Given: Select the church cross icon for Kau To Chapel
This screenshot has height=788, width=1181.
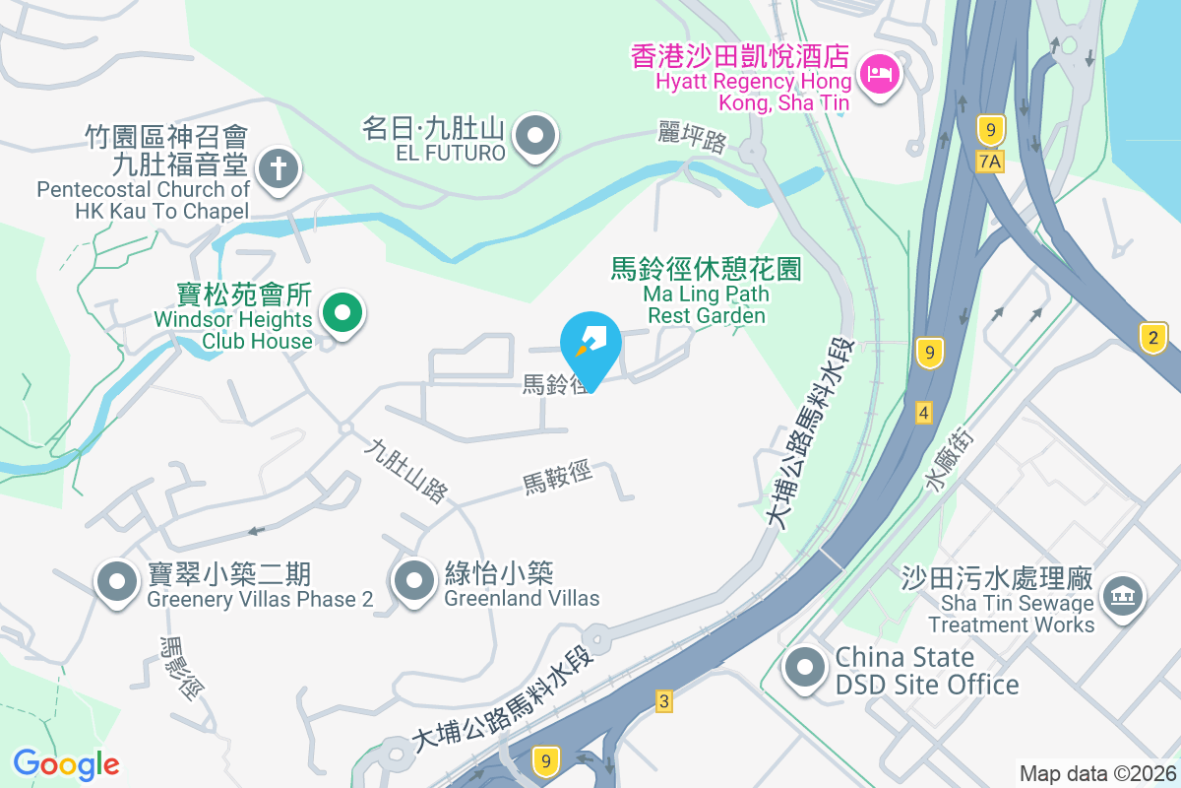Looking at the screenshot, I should click(279, 169).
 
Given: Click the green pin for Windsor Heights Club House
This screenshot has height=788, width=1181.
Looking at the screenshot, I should click(342, 313).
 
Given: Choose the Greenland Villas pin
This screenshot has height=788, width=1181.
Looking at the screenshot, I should click(414, 581).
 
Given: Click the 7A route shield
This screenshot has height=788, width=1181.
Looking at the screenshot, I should click(991, 161).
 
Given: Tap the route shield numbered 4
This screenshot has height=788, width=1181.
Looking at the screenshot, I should click(922, 412).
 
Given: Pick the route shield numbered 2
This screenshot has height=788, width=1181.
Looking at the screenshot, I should click(1153, 338).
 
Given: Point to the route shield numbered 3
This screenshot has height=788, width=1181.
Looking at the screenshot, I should click(664, 701).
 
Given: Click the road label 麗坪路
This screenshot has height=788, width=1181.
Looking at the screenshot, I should click(693, 139).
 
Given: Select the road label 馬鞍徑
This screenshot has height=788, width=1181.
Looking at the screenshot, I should click(557, 479).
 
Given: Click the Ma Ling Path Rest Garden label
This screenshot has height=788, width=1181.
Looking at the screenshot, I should click(707, 291).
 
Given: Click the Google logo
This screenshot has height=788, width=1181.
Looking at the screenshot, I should click(66, 763).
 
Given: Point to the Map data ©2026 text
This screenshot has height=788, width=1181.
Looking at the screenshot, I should click(1096, 773).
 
